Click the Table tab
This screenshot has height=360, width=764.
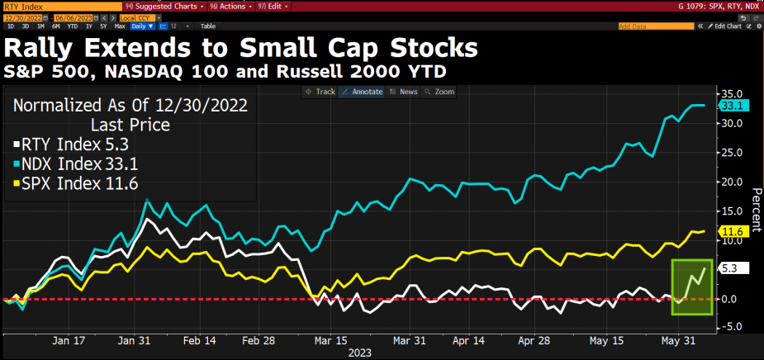207,26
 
